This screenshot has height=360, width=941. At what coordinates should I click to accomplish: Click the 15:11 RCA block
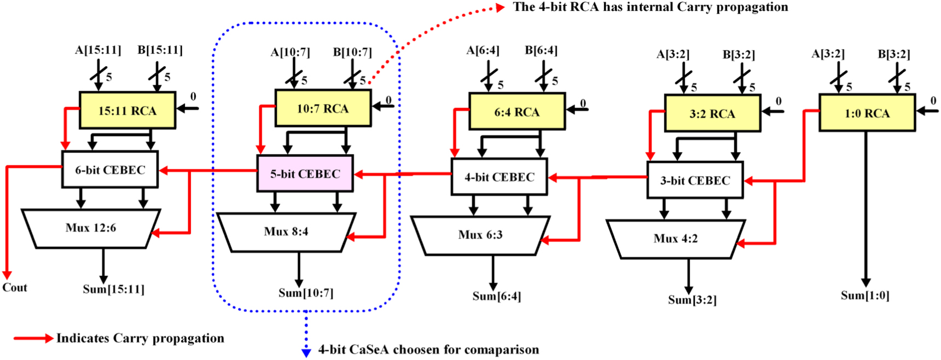(x=127, y=111)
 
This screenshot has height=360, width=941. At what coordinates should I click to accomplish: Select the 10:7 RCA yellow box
(x=323, y=108)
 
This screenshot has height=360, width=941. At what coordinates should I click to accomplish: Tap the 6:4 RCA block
(x=517, y=112)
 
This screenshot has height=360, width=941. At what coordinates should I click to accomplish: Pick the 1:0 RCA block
(x=867, y=113)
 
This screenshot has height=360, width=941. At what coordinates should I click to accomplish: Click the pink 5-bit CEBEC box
(x=305, y=173)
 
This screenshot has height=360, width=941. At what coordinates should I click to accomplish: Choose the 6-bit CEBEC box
(x=110, y=170)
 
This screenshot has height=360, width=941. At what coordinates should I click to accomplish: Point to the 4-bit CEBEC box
(x=499, y=177)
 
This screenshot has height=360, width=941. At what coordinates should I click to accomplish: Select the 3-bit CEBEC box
(x=695, y=180)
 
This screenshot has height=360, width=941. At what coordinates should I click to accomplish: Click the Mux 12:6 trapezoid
(x=91, y=228)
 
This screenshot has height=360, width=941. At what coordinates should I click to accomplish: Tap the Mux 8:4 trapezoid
(x=286, y=231)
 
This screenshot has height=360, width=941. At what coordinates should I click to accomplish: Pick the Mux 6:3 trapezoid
(x=480, y=235)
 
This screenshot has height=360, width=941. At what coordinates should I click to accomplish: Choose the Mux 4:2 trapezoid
(x=676, y=239)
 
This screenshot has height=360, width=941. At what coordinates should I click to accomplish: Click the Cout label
(x=15, y=288)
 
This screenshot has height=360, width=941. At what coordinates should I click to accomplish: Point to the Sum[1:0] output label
(x=865, y=296)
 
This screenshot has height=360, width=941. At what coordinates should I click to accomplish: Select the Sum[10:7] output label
(x=306, y=293)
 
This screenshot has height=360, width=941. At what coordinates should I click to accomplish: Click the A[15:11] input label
(x=98, y=50)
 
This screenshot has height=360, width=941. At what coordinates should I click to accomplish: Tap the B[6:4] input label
(x=541, y=50)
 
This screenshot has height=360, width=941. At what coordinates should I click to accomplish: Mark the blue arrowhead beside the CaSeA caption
(x=306, y=352)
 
